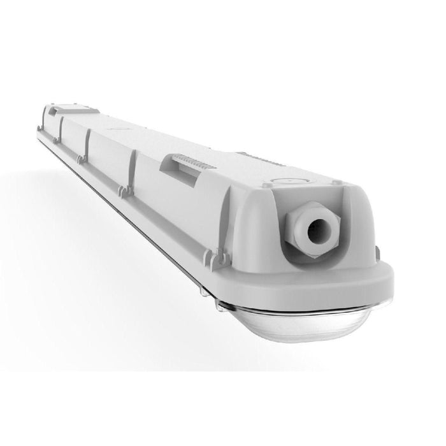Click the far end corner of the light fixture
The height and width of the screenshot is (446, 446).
coord(40,127)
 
